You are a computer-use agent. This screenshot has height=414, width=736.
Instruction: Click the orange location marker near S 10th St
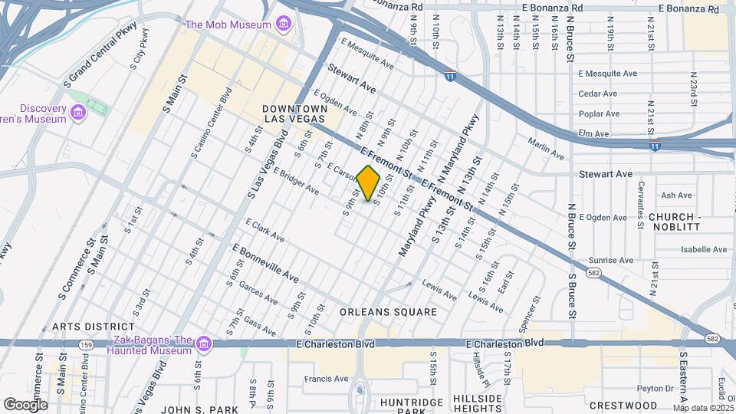coord(369,183)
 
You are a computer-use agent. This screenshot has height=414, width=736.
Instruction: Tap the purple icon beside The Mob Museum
coord(284,25)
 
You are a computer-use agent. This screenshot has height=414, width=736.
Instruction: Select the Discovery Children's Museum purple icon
coord(77,114)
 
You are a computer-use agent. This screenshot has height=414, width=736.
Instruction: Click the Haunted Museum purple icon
coord(203,343)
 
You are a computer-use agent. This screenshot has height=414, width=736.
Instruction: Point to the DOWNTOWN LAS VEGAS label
coord(295,114)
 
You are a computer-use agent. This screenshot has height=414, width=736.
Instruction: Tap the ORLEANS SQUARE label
coord(389,312)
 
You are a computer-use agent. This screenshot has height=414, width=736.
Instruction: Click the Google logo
coord(25,404)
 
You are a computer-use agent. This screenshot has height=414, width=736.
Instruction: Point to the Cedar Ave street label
coord(598,94)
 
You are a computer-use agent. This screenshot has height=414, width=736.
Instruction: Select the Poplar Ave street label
coord(599,114)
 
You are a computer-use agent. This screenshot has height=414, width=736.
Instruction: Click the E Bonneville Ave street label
coord(265,263)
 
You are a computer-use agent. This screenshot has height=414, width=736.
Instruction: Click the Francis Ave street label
coord(326,379)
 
